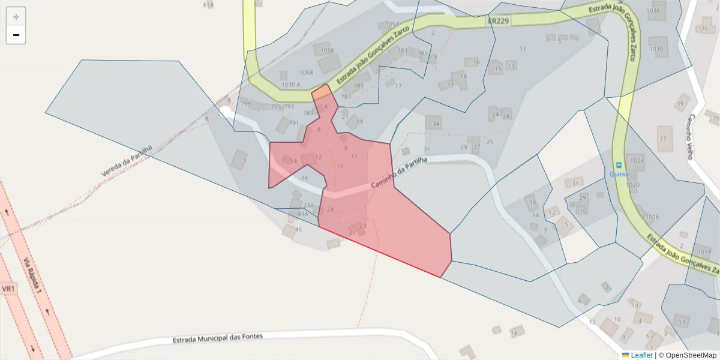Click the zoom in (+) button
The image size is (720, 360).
pyautogui.click(x=16, y=17)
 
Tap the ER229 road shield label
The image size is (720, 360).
pyautogui.click(x=499, y=21)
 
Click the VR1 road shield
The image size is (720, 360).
pyautogui.click(x=8, y=289)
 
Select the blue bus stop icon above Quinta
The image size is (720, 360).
pyautogui.click(x=618, y=165)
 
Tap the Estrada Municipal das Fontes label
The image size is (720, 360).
pyautogui.click(x=217, y=338)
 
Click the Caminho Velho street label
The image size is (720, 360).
pyautogui.click(x=691, y=136)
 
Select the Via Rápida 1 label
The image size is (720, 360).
pyautogui.click(x=32, y=275)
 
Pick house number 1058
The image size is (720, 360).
pyautogui.click(x=327, y=50)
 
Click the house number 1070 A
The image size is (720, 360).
pyautogui.click(x=290, y=85)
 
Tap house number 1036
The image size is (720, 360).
pyautogui.click(x=653, y=11)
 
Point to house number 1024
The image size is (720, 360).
pyautogui.click(x=637, y=161)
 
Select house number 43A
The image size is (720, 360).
pyautogui.click(x=303, y=214)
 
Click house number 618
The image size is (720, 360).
pyautogui.click(x=208, y=5)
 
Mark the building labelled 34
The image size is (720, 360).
pyautogui.click(x=436, y=124)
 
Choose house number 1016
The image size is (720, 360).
pyautogui.click(x=652, y=217)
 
